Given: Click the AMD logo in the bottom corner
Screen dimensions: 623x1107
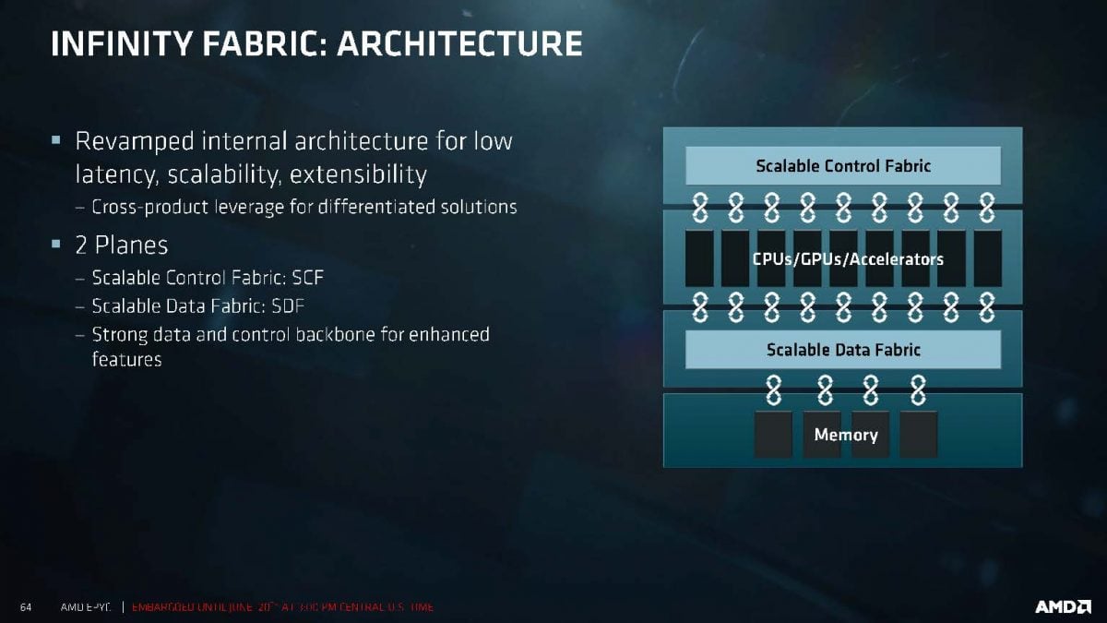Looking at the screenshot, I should [x=1063, y=606].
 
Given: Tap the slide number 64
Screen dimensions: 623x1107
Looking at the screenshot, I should [x=26, y=607].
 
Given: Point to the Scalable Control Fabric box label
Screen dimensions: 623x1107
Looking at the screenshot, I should [x=843, y=166].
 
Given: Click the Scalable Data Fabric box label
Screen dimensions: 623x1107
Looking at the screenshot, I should [x=843, y=350].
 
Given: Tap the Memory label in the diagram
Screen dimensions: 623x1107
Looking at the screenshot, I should [x=845, y=435].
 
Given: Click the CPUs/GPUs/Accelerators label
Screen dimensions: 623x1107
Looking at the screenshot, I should [x=847, y=258].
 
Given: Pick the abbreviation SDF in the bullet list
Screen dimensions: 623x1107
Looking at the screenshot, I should [x=295, y=305].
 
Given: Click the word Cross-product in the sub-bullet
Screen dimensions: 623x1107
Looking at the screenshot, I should [x=149, y=207].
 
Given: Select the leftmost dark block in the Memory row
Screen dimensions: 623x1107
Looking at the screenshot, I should [x=773, y=435].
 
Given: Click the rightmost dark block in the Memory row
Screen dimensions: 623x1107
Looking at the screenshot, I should [x=918, y=435].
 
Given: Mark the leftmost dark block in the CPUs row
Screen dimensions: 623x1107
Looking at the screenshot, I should [x=699, y=258].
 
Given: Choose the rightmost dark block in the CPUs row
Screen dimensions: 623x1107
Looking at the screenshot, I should [x=987, y=258].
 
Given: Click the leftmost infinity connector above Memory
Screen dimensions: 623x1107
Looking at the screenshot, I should [x=773, y=392].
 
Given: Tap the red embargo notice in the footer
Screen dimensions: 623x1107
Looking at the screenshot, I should [x=282, y=607].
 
